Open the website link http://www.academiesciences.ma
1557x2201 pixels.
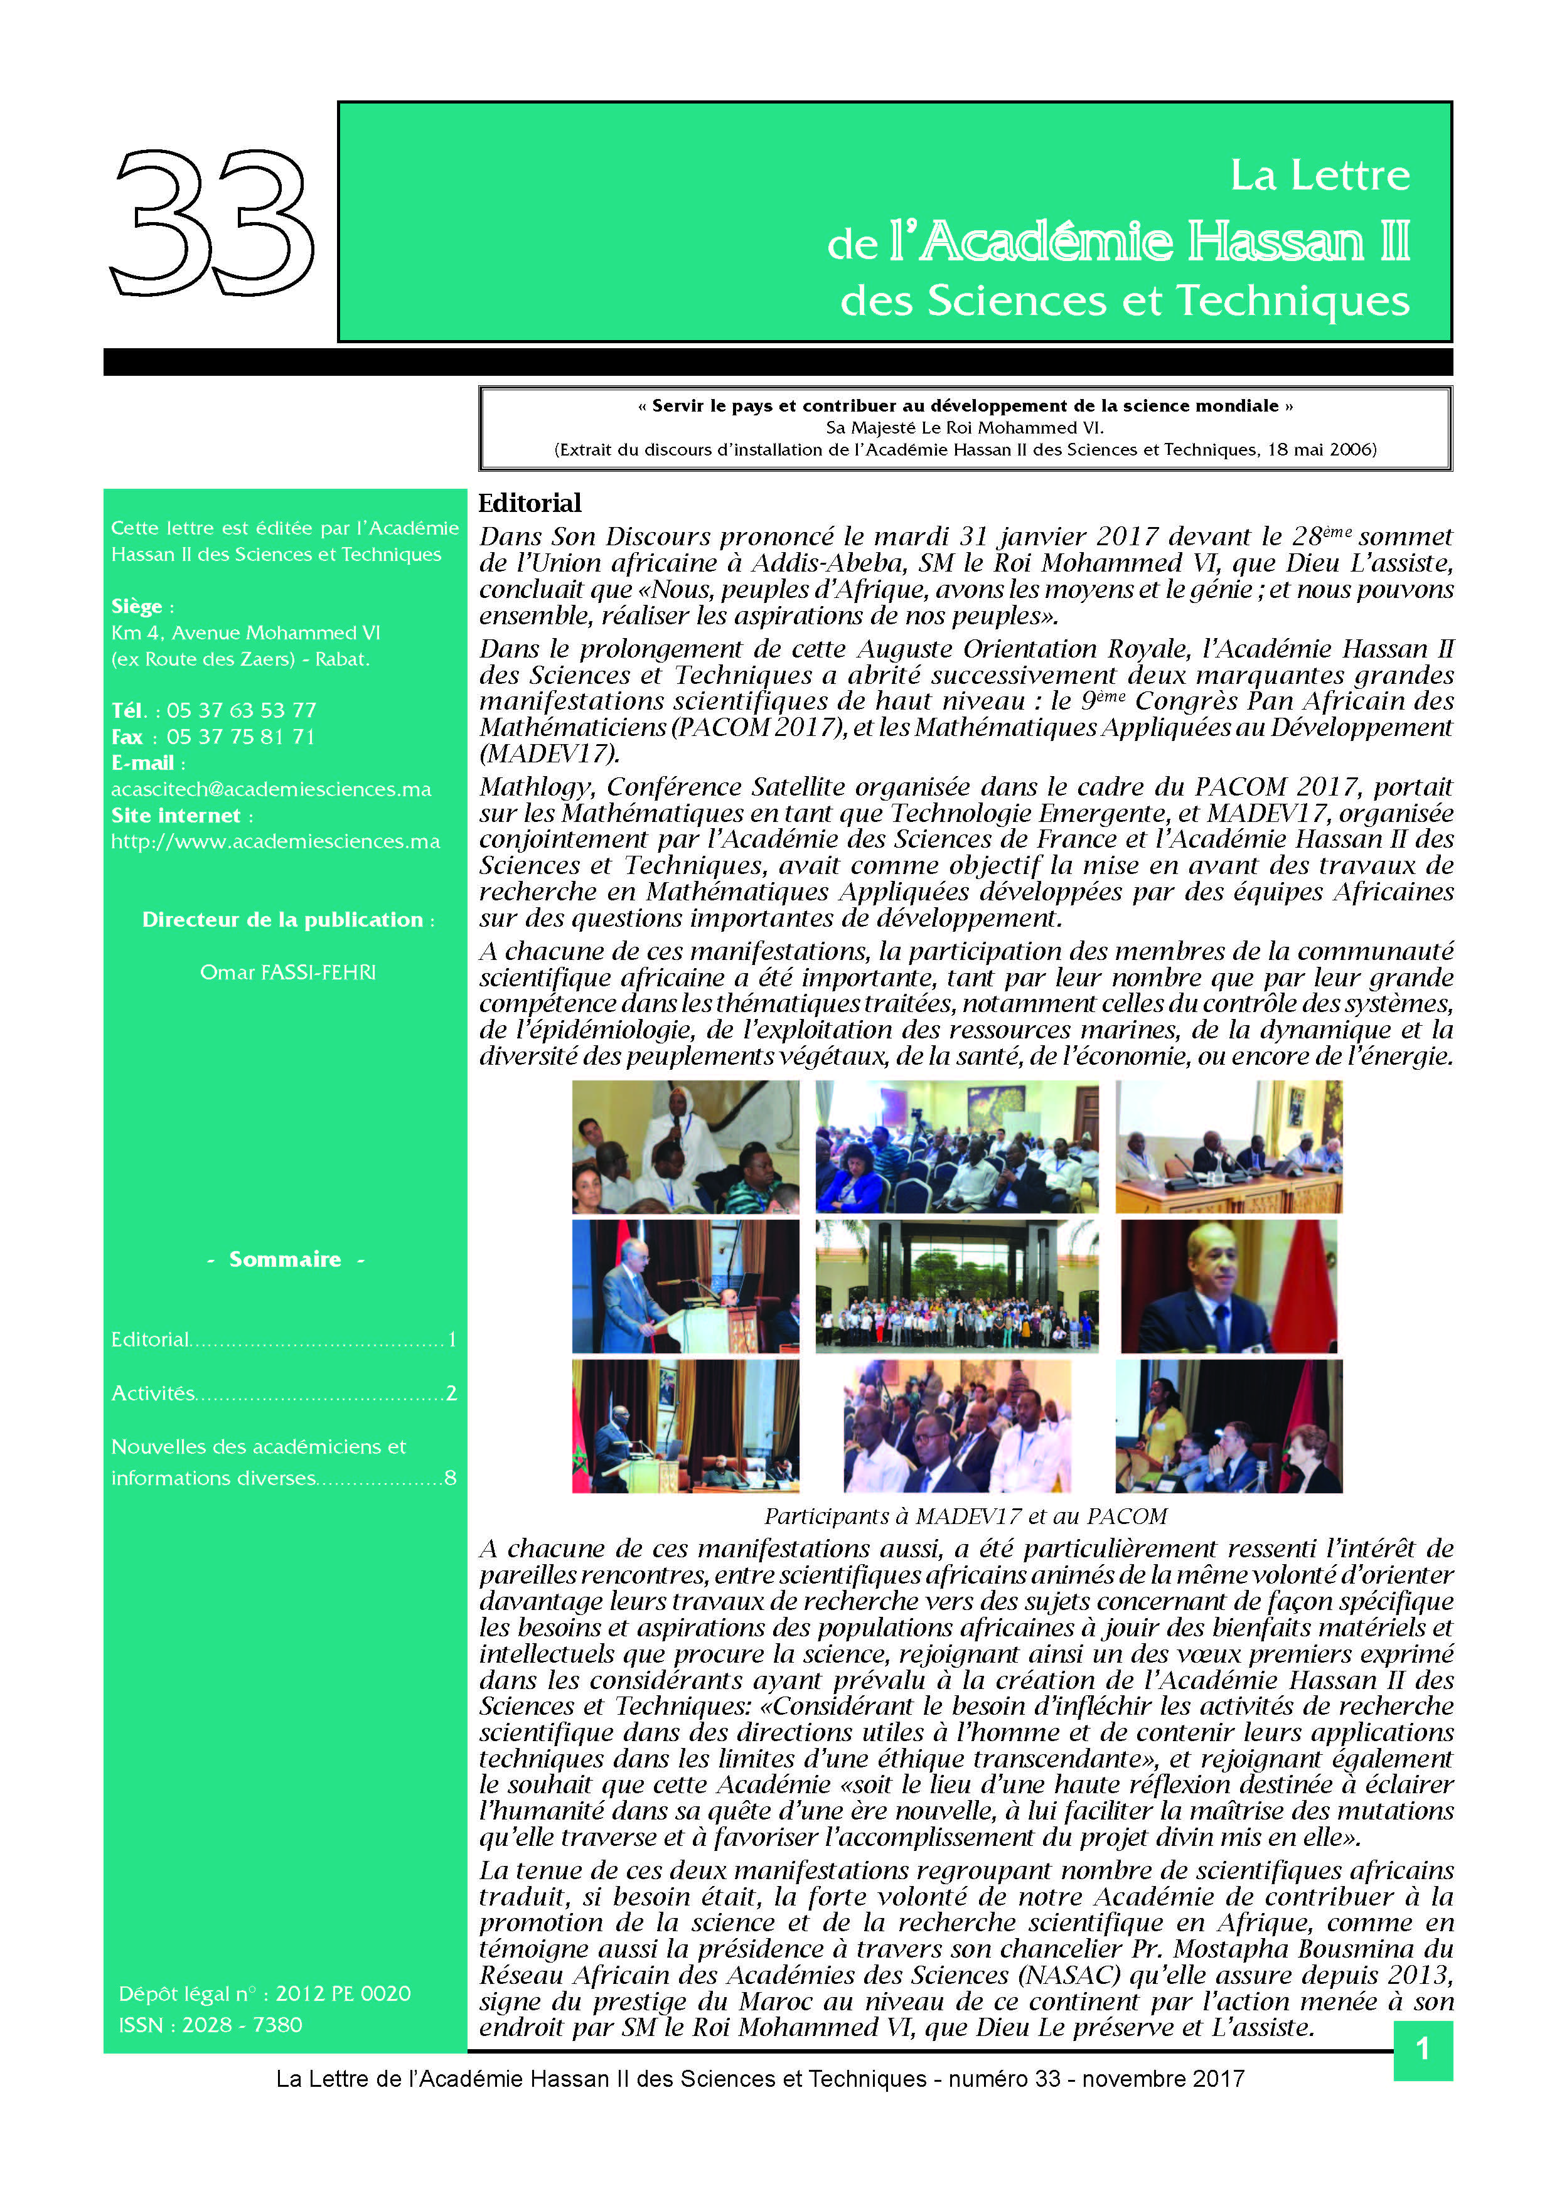(275, 841)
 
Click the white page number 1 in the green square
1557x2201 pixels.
(1422, 2050)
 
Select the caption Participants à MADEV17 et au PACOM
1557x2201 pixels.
(965, 1516)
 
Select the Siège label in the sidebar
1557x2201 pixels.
(136, 606)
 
